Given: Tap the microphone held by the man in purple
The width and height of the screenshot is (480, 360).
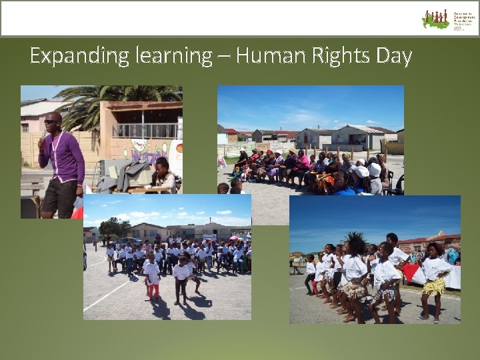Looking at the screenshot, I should (x=44, y=136).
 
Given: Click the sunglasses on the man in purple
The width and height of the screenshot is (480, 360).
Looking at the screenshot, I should (x=51, y=121).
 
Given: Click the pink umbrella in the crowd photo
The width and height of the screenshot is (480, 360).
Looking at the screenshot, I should (x=234, y=237).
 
